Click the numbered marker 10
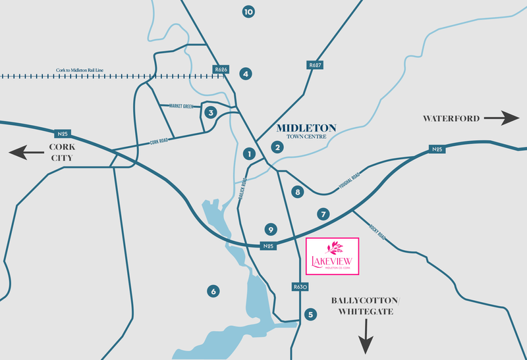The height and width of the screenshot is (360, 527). pyautogui.click(x=248, y=12)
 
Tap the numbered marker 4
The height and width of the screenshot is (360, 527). pyautogui.click(x=246, y=74)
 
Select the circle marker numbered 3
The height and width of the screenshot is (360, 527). pyautogui.click(x=211, y=113)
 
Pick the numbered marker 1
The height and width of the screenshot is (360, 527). pyautogui.click(x=249, y=154)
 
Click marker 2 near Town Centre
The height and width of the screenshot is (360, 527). pyautogui.click(x=278, y=147)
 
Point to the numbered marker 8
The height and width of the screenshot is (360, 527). pyautogui.click(x=298, y=192)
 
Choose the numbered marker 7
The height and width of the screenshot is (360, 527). pyautogui.click(x=323, y=214)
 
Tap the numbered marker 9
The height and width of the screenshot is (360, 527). pyautogui.click(x=269, y=230)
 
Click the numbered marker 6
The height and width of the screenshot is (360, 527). pyautogui.click(x=212, y=291)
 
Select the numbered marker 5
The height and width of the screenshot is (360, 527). pyautogui.click(x=310, y=315)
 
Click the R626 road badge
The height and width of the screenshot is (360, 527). pyautogui.click(x=221, y=68)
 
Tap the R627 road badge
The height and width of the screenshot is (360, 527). pyautogui.click(x=314, y=65)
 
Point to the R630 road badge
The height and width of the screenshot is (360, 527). pyautogui.click(x=300, y=288)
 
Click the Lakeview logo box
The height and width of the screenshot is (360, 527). pyautogui.click(x=333, y=256)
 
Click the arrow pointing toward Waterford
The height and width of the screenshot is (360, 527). pyautogui.click(x=502, y=119)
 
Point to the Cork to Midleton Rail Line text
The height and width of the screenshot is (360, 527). pyautogui.click(x=81, y=70)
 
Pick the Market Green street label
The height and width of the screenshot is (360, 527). pyautogui.click(x=181, y=106)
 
